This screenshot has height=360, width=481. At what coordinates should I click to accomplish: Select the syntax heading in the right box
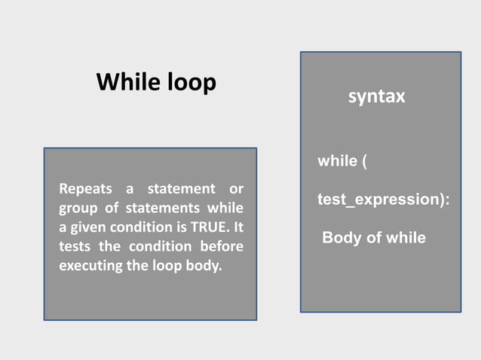[377, 97]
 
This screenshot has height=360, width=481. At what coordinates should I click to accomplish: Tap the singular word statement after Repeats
[181, 188]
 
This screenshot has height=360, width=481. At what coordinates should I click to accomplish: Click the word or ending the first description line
[236, 188]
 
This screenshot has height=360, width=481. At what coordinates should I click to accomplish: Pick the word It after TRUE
[237, 227]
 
